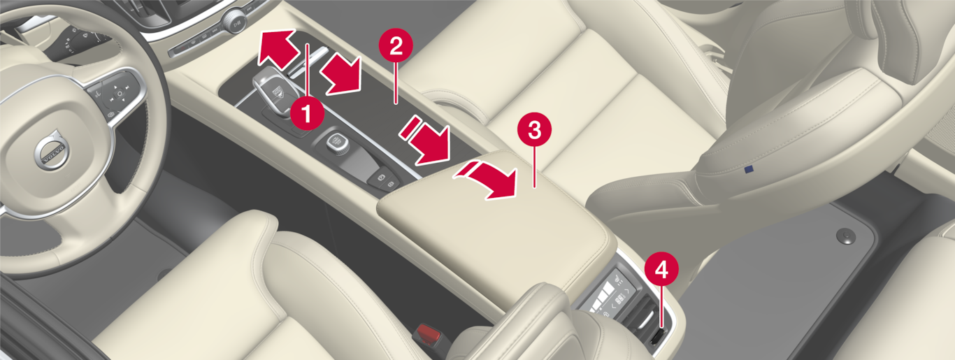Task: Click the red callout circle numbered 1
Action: (307, 113)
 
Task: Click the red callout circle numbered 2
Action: (396, 45)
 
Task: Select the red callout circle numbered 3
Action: (534, 129)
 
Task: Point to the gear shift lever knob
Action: (273, 92)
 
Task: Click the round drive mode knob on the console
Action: (338, 143)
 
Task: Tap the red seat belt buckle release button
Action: (427, 331)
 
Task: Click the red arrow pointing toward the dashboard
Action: (278, 50)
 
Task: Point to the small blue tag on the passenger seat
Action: (748, 170)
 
